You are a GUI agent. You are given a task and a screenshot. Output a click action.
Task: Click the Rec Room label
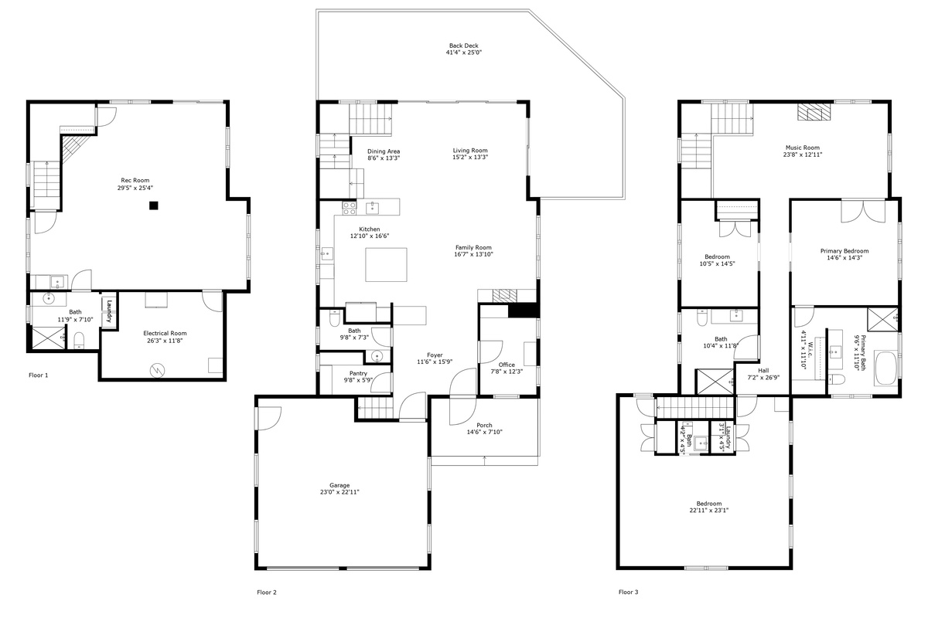click(x=135, y=181)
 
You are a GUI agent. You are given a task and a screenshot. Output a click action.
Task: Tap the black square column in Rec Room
click(x=154, y=205)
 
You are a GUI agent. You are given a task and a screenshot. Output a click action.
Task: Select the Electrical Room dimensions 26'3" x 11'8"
click(x=165, y=341)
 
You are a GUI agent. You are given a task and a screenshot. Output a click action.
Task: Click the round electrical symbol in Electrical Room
click(x=158, y=370)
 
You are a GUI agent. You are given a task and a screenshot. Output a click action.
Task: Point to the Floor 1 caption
click(x=39, y=375)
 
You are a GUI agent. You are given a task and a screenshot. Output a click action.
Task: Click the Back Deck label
click(x=463, y=46)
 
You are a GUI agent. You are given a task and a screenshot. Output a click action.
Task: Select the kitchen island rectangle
click(x=386, y=265)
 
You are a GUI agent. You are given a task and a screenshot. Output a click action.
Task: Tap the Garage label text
click(x=339, y=485)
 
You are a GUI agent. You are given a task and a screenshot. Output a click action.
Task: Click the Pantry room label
click(x=358, y=373)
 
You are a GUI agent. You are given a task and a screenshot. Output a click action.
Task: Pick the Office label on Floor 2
click(x=507, y=365)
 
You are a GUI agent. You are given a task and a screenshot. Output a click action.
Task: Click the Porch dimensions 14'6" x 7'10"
click(x=485, y=432)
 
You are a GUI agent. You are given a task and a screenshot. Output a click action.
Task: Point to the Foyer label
click(x=435, y=355)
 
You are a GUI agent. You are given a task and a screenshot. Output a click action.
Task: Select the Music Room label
click(x=803, y=148)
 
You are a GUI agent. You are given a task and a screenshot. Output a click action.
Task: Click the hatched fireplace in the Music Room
click(x=814, y=112)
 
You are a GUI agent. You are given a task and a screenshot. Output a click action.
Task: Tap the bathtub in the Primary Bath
click(x=885, y=368)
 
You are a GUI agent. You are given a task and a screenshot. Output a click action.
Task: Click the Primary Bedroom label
click(x=844, y=251)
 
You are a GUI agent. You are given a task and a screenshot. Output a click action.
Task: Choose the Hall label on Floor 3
click(x=763, y=371)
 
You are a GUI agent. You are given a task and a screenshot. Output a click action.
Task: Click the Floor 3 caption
click(x=629, y=592)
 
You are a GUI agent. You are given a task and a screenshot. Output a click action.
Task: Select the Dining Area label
click(x=384, y=151)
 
